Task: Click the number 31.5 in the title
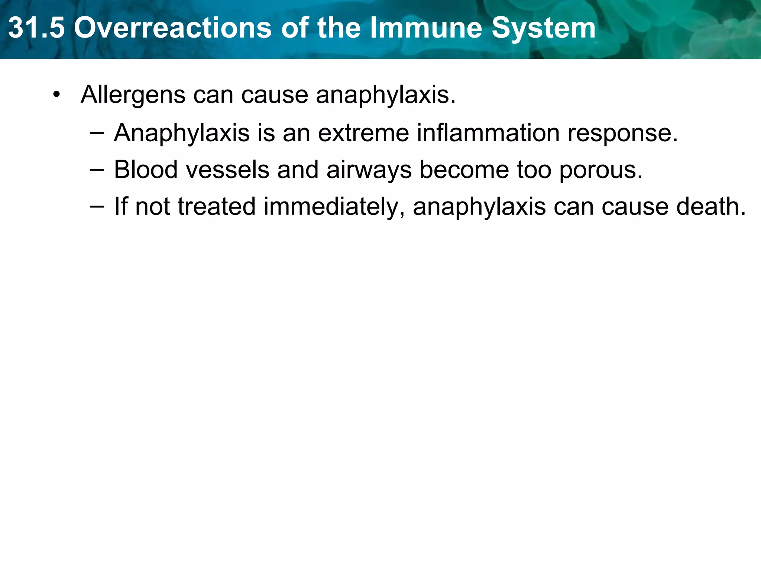(36, 28)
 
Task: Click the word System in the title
(544, 28)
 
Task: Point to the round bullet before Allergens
(56, 94)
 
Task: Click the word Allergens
(133, 94)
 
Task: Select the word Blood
(146, 170)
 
